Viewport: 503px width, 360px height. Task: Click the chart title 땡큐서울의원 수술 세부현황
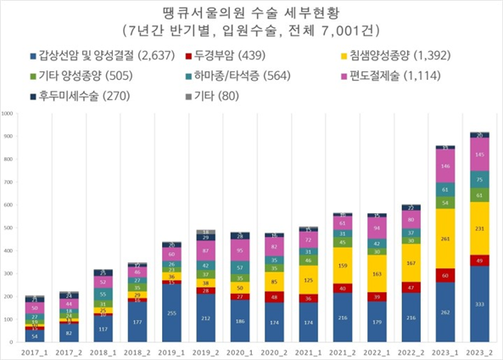[252, 12]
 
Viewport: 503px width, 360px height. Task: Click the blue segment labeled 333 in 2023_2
[479, 304]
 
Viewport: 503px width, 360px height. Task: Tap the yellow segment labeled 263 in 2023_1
[444, 239]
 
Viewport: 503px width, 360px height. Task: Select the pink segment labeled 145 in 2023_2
[479, 155]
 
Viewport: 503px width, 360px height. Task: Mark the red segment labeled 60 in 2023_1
[444, 275]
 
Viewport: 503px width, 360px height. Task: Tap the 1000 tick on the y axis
[8, 113]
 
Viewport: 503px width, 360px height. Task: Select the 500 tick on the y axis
[8, 228]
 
